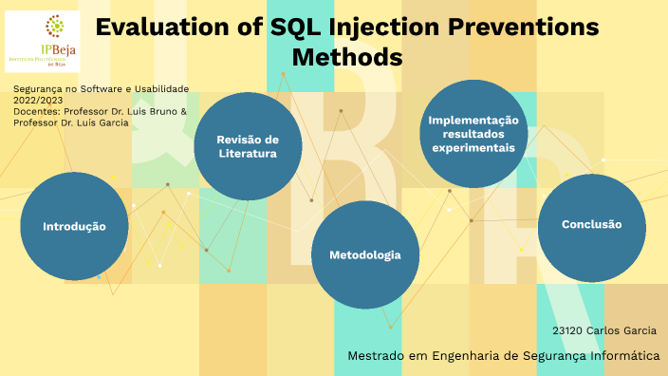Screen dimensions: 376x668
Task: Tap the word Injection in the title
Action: point(395,28)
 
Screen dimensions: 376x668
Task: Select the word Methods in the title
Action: point(347,58)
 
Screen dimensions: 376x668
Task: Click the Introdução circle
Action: point(73,227)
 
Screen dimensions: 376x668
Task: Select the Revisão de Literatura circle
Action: point(248,145)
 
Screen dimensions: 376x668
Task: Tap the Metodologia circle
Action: point(364,255)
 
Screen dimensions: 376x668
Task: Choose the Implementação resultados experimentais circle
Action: point(473,134)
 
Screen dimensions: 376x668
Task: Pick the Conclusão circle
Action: point(591,225)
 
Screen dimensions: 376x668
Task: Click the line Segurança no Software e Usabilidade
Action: point(102,88)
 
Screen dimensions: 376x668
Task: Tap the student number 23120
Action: point(567,330)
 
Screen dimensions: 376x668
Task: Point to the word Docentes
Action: point(35,110)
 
